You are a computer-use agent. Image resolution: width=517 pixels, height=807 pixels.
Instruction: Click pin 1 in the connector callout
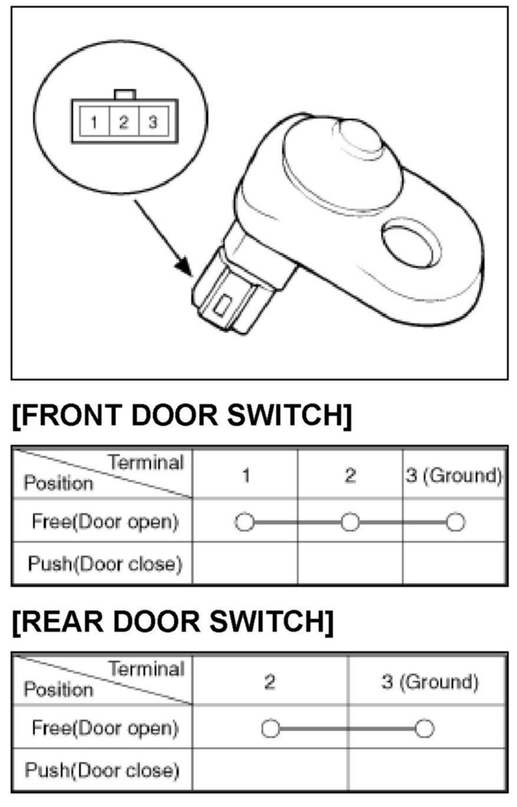(94, 122)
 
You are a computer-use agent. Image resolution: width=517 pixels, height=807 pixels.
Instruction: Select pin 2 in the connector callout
(124, 122)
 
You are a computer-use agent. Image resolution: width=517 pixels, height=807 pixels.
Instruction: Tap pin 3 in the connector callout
(153, 122)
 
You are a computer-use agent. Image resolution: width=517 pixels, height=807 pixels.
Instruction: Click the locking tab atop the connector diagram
(125, 94)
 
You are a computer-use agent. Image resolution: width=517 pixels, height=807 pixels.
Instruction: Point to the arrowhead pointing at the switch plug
(184, 267)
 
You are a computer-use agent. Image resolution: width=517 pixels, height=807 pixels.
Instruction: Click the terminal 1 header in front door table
(246, 475)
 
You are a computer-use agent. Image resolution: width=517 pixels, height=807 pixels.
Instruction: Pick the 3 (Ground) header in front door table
(454, 475)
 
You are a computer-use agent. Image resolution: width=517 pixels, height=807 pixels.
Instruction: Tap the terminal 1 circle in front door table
(244, 522)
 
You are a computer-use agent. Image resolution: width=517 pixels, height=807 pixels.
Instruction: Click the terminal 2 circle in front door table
(350, 522)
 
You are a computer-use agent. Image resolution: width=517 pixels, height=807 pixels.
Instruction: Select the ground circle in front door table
(456, 522)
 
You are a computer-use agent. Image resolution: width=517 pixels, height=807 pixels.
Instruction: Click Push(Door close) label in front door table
(105, 564)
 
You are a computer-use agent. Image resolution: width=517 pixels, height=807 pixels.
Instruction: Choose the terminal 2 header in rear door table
(270, 682)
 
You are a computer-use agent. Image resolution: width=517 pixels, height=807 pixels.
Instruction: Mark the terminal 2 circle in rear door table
(270, 729)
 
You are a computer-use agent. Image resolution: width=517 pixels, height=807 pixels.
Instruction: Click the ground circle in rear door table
(424, 729)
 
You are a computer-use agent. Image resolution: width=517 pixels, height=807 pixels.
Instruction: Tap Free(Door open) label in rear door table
(105, 728)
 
